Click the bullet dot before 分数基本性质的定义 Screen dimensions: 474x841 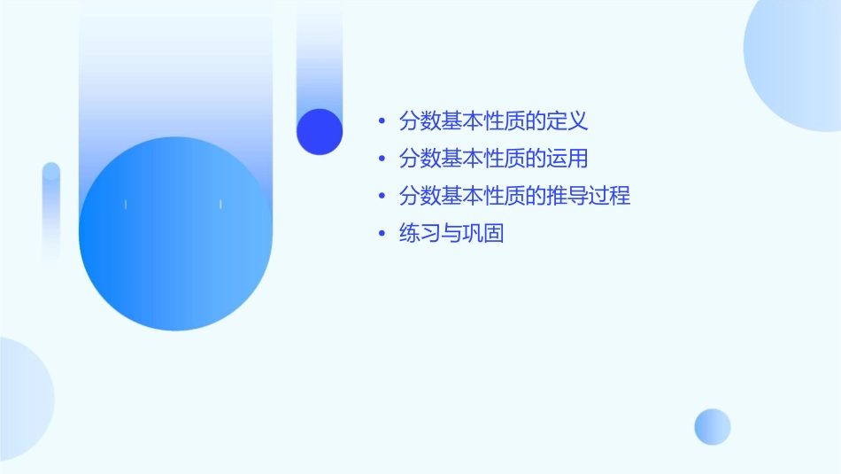click(x=381, y=120)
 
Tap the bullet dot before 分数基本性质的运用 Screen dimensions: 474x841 click(x=381, y=159)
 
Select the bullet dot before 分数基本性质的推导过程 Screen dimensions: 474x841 click(x=381, y=197)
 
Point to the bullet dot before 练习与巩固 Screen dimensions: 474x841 click(x=381, y=235)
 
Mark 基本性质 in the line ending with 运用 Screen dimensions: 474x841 click(x=483, y=159)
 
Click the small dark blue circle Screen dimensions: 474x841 click(x=320, y=131)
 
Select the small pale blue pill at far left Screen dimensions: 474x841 click(x=51, y=213)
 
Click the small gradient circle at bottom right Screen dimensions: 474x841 click(x=713, y=427)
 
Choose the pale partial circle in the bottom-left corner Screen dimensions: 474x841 click(x=22, y=399)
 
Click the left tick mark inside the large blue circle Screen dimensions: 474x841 click(x=126, y=205)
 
